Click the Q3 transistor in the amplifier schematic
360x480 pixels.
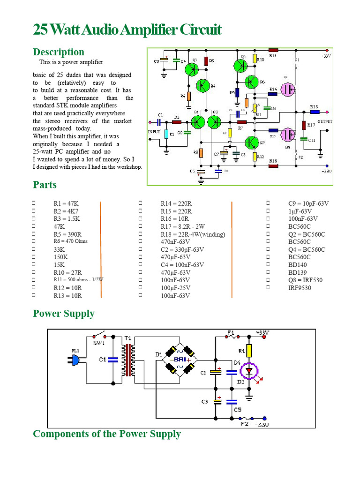pos(191,69)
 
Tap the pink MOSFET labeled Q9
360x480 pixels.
pos(287,135)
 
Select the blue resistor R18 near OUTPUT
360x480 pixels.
pos(314,112)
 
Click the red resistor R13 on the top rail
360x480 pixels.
pos(273,49)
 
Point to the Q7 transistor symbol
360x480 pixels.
pos(252,142)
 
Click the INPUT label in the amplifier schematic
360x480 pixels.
pos(154,132)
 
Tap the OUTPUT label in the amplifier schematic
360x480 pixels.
pos(324,121)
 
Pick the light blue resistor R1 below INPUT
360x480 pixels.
pos(166,134)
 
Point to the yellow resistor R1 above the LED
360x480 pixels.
pos(249,351)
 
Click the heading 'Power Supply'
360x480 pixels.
pos(64,314)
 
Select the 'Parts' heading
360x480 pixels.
pos(45,185)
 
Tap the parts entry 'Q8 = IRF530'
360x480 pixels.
pos(306,280)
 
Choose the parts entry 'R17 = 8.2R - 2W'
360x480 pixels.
pos(183,226)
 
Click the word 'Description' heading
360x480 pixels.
pos(59,52)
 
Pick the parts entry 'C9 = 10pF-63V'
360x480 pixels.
pos(308,203)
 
